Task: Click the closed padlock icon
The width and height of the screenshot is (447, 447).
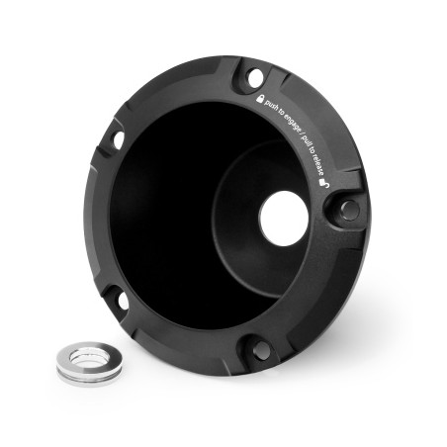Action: [260, 99]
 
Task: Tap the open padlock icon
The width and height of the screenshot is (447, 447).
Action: [323, 183]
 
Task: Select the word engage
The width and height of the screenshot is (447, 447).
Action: [292, 122]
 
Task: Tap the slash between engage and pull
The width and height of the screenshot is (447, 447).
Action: [301, 133]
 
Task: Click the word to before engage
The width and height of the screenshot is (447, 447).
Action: [281, 112]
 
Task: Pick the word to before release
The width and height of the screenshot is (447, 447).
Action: [312, 151]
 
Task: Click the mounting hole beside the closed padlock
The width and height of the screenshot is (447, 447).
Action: [255, 78]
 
